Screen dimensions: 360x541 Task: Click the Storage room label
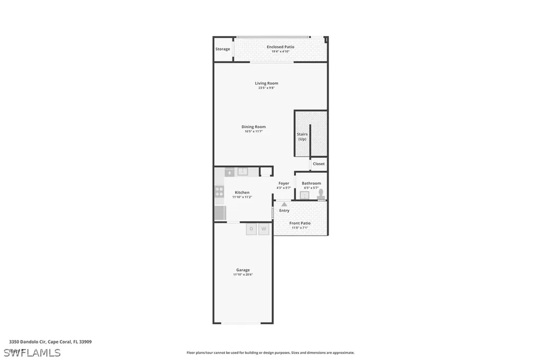[222, 49]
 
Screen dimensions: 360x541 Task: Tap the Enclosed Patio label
[280, 47]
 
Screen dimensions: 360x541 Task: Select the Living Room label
[266, 83]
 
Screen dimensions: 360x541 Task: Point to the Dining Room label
[254, 127]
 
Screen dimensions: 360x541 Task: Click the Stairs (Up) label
[302, 137]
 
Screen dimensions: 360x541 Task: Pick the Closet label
[319, 164]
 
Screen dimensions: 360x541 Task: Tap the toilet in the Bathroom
[320, 194]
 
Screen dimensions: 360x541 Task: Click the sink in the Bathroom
[304, 195]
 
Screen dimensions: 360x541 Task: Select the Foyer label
[284, 183]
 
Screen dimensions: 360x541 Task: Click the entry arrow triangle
[284, 203]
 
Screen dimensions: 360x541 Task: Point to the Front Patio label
[300, 223]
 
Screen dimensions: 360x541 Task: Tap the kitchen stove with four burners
[219, 192]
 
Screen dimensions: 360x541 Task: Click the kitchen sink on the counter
[243, 171]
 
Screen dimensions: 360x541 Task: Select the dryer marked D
[251, 229]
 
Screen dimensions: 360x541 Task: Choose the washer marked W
[264, 229]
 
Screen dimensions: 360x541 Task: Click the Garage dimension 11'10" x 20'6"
[243, 274]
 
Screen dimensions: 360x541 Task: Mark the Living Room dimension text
[266, 88]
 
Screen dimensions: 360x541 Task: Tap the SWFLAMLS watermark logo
[32, 352]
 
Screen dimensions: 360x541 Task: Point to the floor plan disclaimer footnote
[270, 353]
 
